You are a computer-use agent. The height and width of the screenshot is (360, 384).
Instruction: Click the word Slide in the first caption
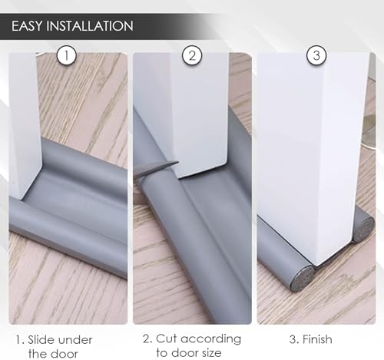point(45,339)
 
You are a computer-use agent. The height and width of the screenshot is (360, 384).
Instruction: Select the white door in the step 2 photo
point(184,107)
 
